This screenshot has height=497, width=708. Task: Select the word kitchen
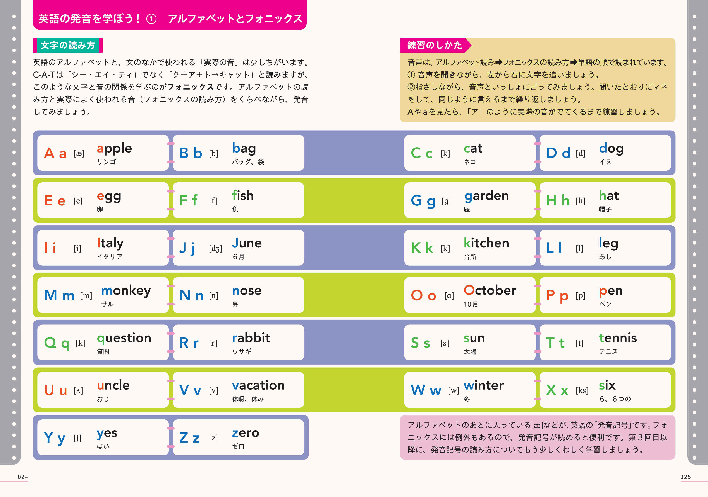pos(486,243)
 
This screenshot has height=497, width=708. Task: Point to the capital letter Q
pos(50,343)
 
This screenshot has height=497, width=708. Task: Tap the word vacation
pos(258,385)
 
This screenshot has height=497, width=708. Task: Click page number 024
pos(23,477)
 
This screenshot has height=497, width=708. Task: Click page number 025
pos(686,477)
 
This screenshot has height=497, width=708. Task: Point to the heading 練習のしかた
pos(435,45)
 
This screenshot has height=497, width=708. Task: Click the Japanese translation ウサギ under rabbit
pos(242,351)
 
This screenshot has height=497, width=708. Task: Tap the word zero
pos(246,433)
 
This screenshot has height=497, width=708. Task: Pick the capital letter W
pos(418,390)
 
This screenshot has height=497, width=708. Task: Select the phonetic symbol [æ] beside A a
pos(79,153)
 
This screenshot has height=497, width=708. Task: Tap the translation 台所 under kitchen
pos(470,257)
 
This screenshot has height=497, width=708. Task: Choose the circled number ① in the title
pos(151,19)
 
